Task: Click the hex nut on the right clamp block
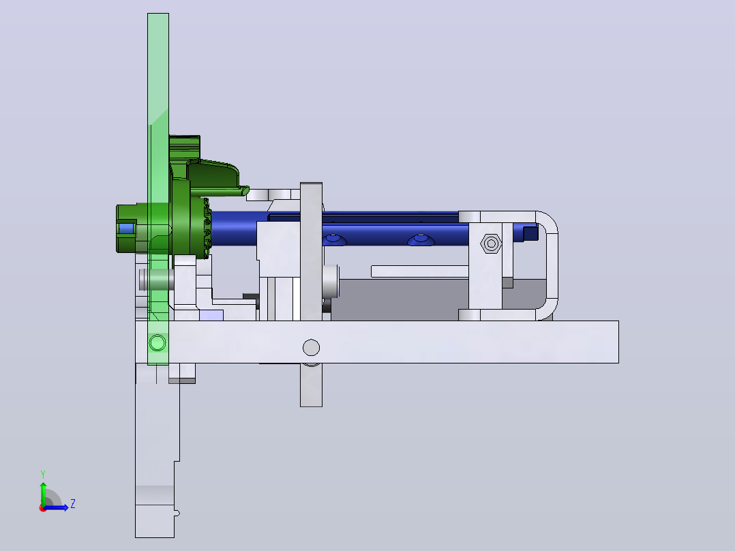pos(491,243)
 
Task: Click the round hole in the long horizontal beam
pos(311,348)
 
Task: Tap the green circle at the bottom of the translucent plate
pos(157,343)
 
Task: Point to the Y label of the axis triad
pos(43,475)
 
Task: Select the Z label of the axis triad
pos(73,504)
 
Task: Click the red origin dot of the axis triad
pos(43,508)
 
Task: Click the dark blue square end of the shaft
pos(530,233)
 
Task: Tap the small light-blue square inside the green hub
pos(125,229)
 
